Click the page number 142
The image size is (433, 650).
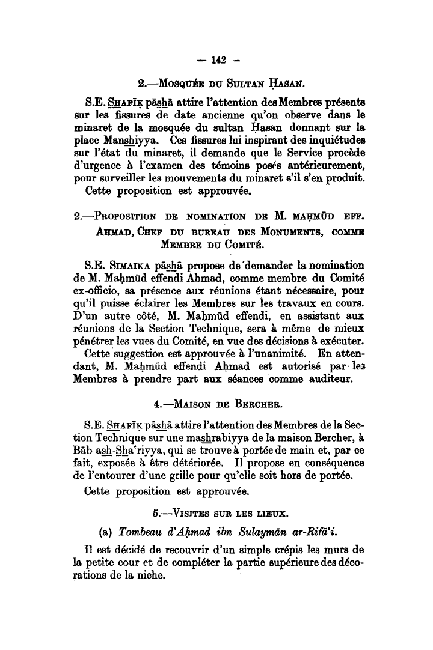pyautogui.click(x=218, y=59)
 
